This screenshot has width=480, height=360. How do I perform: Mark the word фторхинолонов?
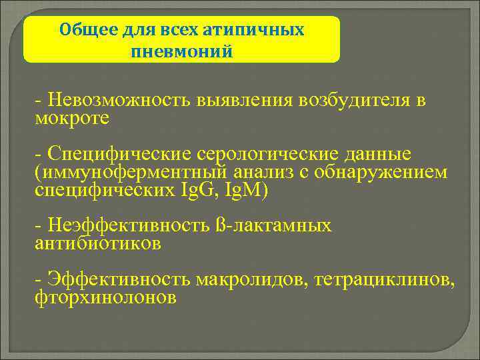click(105, 297)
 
